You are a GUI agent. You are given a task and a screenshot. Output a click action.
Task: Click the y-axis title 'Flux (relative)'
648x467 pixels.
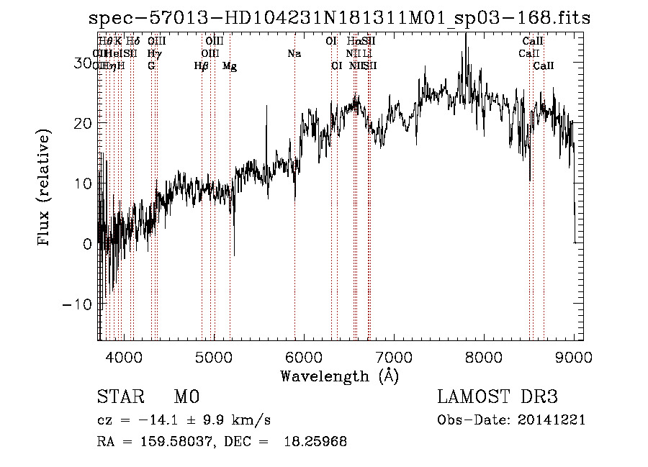[45, 189]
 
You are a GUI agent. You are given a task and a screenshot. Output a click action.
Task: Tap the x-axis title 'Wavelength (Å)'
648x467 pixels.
[339, 376]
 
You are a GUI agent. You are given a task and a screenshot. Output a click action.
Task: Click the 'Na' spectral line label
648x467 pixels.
[294, 53]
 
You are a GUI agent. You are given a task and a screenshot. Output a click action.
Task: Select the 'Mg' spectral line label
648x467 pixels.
[230, 66]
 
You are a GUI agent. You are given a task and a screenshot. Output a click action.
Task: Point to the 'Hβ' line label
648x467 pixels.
[202, 66]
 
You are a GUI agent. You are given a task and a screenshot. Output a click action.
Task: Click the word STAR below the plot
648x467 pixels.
[117, 397]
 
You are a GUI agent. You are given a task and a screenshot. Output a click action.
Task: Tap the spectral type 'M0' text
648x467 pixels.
[186, 397]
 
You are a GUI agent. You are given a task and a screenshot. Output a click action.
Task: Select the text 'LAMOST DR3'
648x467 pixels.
[498, 397]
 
